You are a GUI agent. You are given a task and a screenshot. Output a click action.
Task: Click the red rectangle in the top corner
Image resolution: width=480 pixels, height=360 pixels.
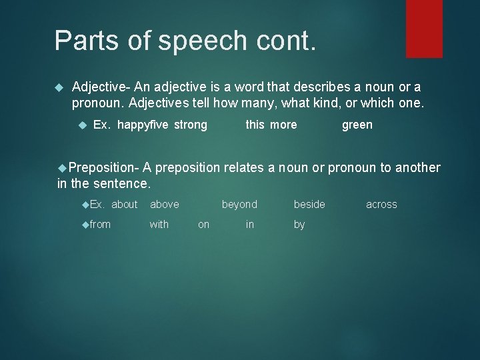tap(424, 29)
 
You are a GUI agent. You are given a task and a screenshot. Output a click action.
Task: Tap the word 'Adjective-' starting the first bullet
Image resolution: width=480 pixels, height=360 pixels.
tap(101, 87)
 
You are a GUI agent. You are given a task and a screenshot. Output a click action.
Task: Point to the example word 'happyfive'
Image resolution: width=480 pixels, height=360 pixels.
tap(143, 125)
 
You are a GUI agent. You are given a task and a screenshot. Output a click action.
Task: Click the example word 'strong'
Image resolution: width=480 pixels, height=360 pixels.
tap(191, 125)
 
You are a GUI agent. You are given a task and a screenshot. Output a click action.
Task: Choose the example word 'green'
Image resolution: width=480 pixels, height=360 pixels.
tap(357, 125)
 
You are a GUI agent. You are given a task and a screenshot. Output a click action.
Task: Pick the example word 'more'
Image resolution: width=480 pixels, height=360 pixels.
tap(283, 125)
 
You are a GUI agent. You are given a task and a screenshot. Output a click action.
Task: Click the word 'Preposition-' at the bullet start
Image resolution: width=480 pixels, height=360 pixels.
tap(103, 168)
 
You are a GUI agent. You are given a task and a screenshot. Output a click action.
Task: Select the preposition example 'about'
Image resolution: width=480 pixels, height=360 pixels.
tap(124, 205)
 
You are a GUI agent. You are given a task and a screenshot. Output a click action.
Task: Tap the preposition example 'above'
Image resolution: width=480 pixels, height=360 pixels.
tap(164, 205)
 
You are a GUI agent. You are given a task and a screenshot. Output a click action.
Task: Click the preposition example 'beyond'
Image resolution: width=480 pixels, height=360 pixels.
tap(239, 205)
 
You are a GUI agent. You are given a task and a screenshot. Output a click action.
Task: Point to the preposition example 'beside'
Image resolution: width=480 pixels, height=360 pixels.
tap(309, 205)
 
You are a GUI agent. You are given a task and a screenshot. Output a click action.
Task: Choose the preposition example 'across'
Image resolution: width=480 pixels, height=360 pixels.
tap(381, 205)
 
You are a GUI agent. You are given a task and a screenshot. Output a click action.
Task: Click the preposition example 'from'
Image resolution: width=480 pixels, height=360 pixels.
tap(100, 225)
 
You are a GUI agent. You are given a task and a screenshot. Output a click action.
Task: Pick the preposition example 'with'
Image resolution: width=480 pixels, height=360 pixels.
tap(159, 225)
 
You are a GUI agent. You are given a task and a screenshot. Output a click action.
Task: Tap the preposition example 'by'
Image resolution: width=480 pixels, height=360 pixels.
tap(299, 225)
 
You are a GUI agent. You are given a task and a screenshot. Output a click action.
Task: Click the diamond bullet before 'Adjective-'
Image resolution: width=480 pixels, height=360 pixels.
tap(58, 87)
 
